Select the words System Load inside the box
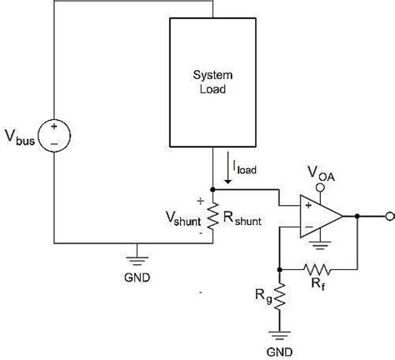pyautogui.click(x=212, y=82)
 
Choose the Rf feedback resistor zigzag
pyautogui.click(x=319, y=269)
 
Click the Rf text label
pyautogui.click(x=320, y=286)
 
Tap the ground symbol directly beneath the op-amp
pyautogui.click(x=320, y=246)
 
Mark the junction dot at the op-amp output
pyautogui.click(x=357, y=215)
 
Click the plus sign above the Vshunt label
pyautogui.click(x=200, y=201)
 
